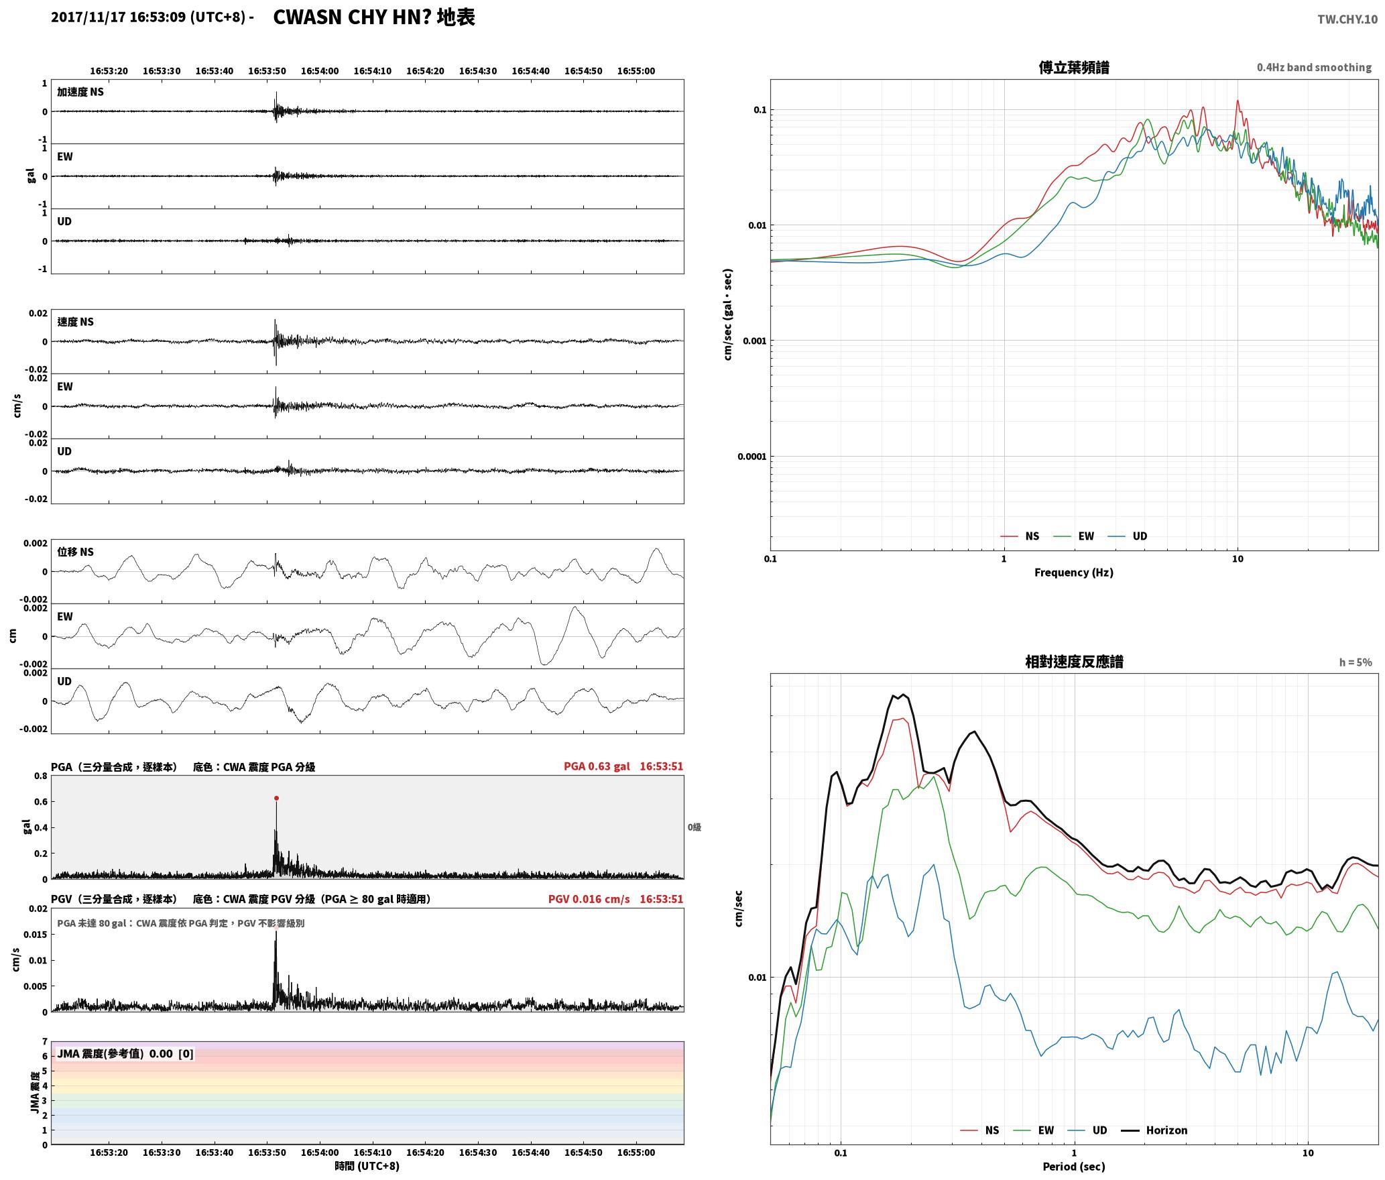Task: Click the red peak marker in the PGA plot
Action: click(x=276, y=798)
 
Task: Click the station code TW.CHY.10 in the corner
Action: click(x=1347, y=19)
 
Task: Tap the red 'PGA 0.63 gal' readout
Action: click(x=597, y=766)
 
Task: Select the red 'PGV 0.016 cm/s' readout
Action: click(x=589, y=899)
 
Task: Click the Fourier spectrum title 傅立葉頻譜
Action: click(x=1073, y=67)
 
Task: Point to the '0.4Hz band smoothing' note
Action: click(x=1314, y=68)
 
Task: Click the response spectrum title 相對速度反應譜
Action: click(x=1074, y=662)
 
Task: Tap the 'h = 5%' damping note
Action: click(x=1356, y=662)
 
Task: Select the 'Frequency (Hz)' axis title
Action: click(x=1073, y=573)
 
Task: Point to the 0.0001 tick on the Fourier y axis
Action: click(x=751, y=457)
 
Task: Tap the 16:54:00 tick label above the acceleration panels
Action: click(x=320, y=71)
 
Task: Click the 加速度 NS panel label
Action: click(x=80, y=92)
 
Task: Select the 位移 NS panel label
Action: click(x=76, y=552)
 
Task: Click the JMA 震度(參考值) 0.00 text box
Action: click(x=125, y=1053)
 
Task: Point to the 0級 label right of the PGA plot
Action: click(x=694, y=827)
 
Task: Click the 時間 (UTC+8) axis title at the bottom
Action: click(x=367, y=1166)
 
